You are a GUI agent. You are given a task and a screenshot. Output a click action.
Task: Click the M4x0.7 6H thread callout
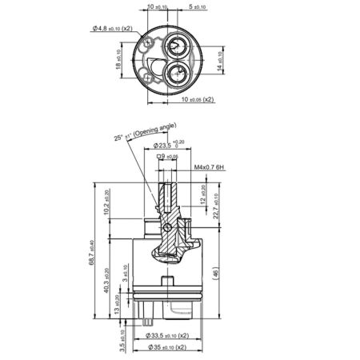pyautogui.click(x=209, y=168)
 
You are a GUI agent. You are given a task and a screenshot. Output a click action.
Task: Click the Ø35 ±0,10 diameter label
pyautogui.click(x=167, y=350)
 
